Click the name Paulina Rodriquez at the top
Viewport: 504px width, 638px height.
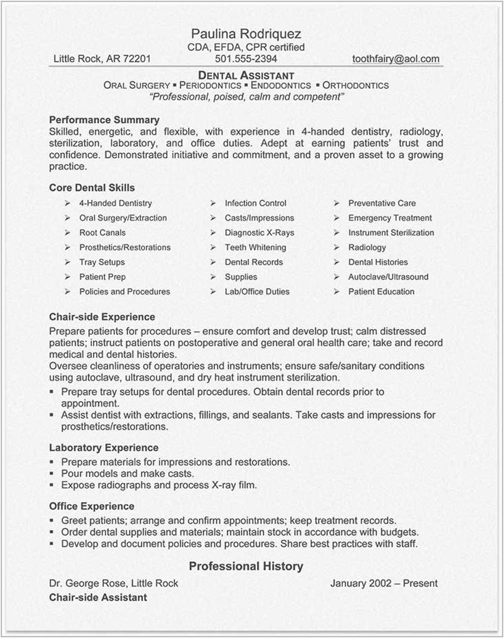point(246,33)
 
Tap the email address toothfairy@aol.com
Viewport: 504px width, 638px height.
point(396,59)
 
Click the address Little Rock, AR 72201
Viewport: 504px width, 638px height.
point(102,59)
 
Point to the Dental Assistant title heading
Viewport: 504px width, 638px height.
point(246,74)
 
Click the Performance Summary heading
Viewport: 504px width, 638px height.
point(104,120)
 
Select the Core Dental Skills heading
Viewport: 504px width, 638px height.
point(92,187)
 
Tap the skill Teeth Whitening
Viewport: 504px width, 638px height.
point(255,247)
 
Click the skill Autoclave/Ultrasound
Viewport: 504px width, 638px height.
point(388,277)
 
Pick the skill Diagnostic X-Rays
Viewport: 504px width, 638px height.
point(259,233)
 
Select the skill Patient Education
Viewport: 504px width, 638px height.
point(381,292)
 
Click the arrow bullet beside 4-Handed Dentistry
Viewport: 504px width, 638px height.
point(67,204)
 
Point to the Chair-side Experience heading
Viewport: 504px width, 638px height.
point(102,317)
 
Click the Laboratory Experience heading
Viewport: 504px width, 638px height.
point(103,447)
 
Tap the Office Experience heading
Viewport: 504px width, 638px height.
point(92,506)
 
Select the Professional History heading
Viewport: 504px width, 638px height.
point(246,566)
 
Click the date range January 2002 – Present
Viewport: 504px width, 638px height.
point(384,583)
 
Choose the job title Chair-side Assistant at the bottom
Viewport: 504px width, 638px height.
point(98,597)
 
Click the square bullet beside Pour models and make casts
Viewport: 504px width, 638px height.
point(53,473)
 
